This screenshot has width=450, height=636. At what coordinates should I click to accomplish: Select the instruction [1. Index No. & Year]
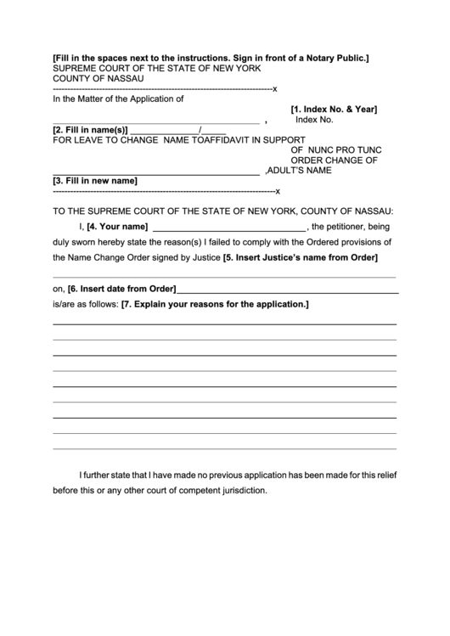(334, 110)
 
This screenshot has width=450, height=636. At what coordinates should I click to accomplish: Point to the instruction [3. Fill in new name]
(95, 181)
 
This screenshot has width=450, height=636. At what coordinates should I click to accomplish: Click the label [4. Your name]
(118, 226)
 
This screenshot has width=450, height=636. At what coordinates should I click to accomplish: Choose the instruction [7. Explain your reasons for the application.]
(216, 303)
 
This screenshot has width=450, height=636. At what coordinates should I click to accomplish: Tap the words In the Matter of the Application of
(119, 98)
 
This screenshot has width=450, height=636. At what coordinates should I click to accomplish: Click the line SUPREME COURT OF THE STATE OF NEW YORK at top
(157, 67)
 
